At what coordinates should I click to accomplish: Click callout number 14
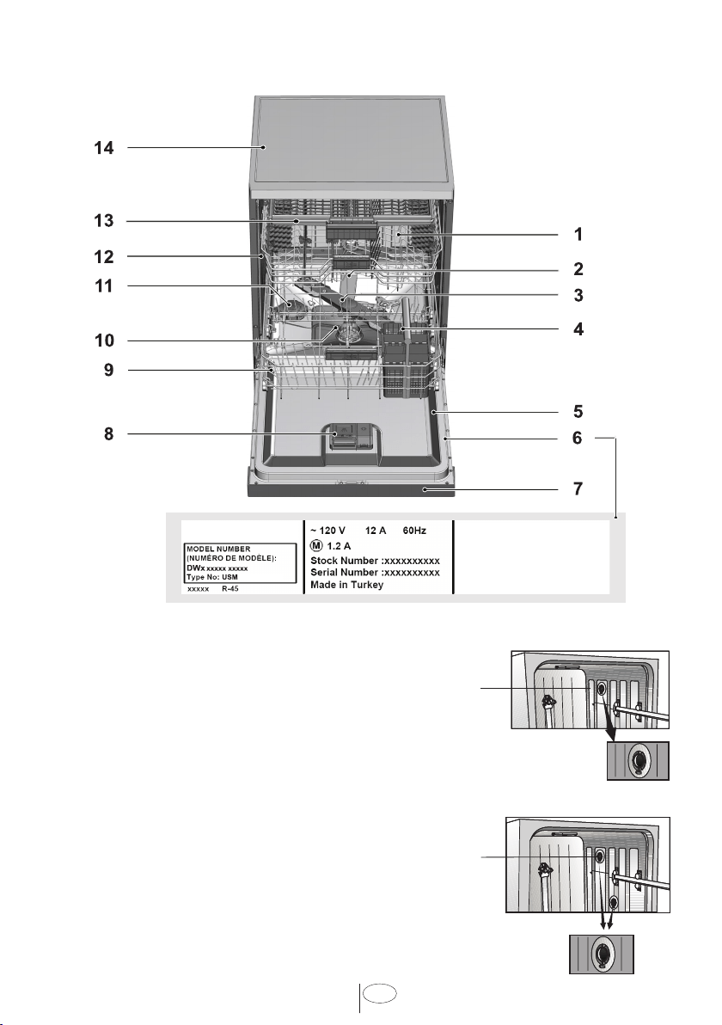pyautogui.click(x=104, y=149)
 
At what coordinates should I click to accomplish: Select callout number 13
pyautogui.click(x=104, y=221)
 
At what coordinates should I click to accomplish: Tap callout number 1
pyautogui.click(x=578, y=234)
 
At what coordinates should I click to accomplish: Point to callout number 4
pyautogui.click(x=578, y=328)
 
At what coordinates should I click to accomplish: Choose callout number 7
pyautogui.click(x=578, y=488)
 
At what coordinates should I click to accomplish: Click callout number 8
pyautogui.click(x=109, y=434)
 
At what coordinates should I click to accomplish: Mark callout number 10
pyautogui.click(x=104, y=341)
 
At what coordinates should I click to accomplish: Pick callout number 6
pyautogui.click(x=578, y=438)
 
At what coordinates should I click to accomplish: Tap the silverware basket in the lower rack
pyautogui.click(x=406, y=359)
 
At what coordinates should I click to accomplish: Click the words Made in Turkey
pyautogui.click(x=347, y=585)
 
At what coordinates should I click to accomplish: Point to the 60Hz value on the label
pyautogui.click(x=414, y=531)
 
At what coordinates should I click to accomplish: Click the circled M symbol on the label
pyautogui.click(x=316, y=546)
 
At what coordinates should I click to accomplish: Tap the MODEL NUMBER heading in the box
pyautogui.click(x=218, y=549)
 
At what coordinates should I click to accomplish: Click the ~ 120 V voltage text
pyautogui.click(x=327, y=531)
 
